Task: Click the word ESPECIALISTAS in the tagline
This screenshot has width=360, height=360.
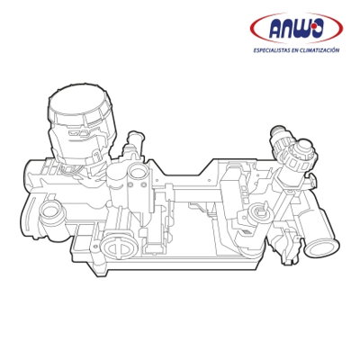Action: pyautogui.click(x=271, y=50)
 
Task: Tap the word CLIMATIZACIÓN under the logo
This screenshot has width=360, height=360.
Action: pyautogui.click(x=319, y=50)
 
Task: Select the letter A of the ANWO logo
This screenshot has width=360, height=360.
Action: pyautogui.click(x=276, y=30)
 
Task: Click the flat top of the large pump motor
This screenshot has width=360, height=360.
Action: pyautogui.click(x=76, y=99)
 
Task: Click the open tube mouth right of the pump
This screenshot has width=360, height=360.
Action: pyautogui.click(x=138, y=174)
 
